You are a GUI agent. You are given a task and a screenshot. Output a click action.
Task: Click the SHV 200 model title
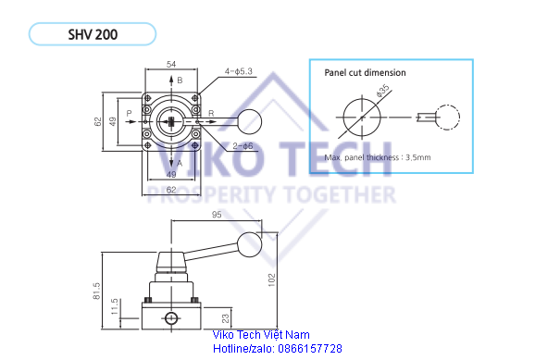point(93,34)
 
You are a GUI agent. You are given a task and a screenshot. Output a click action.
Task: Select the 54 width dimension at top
point(171,64)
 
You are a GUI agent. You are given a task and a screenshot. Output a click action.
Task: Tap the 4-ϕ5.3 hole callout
point(239,71)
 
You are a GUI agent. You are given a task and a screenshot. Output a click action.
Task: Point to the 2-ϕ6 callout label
point(243,145)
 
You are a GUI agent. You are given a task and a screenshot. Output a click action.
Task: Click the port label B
point(180,81)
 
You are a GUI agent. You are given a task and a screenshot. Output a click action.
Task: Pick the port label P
point(130,113)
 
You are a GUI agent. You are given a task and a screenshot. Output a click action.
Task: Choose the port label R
point(211,114)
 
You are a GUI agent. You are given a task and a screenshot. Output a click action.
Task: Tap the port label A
point(180,164)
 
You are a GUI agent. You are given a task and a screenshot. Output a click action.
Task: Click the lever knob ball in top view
point(249,122)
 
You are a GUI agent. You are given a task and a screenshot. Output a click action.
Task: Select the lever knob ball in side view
point(249,244)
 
